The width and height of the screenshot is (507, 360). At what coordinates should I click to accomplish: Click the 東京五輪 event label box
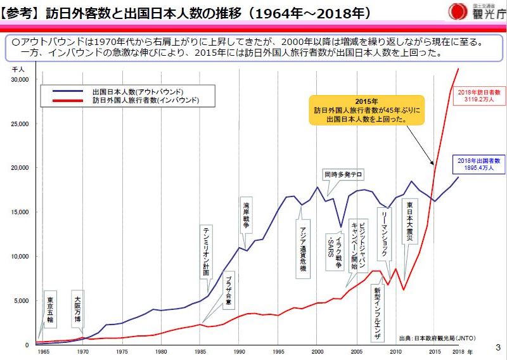click(51, 310)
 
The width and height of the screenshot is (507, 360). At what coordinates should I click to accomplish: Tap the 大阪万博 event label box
click(77, 310)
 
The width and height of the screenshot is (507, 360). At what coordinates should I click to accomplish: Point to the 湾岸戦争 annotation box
click(246, 215)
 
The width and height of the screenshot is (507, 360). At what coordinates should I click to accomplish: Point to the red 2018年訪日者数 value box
click(480, 96)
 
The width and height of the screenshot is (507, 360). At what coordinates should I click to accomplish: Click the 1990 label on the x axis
click(239, 351)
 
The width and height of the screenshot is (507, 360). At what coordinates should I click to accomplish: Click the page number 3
click(497, 347)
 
